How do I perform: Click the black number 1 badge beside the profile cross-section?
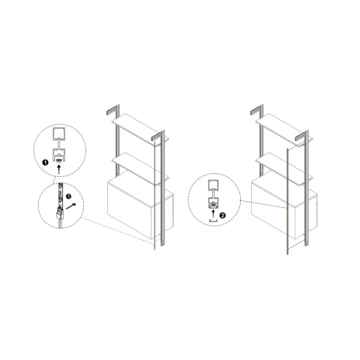(45, 163)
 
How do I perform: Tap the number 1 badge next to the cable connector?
(68, 196)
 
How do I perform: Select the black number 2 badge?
(223, 215)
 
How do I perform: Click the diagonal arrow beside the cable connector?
(70, 206)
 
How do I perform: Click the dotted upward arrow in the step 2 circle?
(213, 214)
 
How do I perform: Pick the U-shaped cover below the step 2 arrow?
(213, 220)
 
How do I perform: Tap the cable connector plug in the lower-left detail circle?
(59, 213)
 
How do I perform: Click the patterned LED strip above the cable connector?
(60, 194)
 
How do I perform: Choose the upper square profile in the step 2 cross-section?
(213, 185)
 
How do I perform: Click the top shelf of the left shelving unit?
(140, 129)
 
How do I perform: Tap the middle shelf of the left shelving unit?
(140, 169)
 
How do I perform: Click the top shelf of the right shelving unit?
(284, 129)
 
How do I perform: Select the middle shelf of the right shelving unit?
(284, 169)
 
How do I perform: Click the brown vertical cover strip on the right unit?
(288, 202)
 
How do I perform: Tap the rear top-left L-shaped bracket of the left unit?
(113, 109)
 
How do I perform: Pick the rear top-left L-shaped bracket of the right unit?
(257, 109)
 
